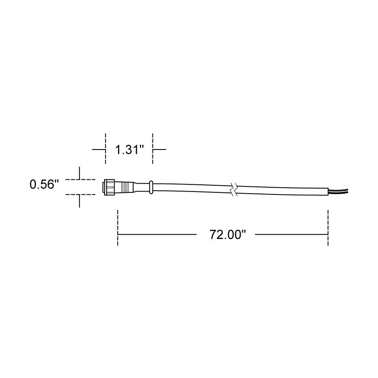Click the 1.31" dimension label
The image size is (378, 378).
(x=129, y=150)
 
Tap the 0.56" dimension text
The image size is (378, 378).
(x=44, y=185)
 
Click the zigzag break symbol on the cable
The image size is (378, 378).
(x=234, y=189)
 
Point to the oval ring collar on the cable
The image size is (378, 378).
(x=151, y=187)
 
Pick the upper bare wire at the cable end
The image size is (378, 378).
(x=339, y=190)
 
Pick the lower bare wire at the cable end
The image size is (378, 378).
(x=339, y=192)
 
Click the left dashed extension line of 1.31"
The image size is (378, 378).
(x=105, y=149)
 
